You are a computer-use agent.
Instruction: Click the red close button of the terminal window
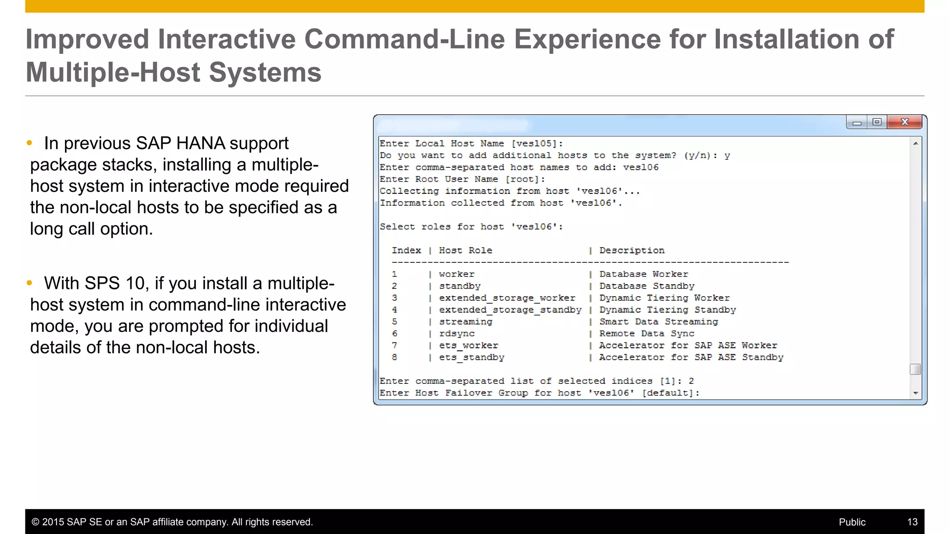[x=905, y=122]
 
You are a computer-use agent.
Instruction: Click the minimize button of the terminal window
[x=857, y=122]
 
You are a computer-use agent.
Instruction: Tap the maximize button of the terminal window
[x=877, y=122]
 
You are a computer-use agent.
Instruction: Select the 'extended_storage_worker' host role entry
[x=507, y=298]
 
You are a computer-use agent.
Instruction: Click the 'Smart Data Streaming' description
[x=658, y=322]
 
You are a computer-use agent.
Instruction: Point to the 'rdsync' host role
[x=456, y=334]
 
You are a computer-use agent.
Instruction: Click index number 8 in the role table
[x=394, y=357]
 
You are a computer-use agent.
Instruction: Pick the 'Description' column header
[x=632, y=250]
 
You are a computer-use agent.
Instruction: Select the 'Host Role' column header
[x=465, y=250]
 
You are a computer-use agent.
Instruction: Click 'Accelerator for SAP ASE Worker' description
[x=688, y=345]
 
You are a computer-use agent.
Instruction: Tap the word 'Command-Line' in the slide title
[x=404, y=39]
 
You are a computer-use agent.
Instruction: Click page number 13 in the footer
[x=912, y=522]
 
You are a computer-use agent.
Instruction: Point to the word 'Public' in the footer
[x=852, y=522]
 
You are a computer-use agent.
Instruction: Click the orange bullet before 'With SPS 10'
[x=30, y=283]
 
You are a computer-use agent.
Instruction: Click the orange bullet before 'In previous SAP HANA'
[x=30, y=143]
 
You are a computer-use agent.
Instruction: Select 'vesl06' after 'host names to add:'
[x=641, y=167]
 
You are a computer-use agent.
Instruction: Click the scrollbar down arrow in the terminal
[x=915, y=393]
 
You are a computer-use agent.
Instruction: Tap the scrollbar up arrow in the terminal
[x=915, y=144]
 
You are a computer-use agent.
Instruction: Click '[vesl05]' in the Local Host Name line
[x=537, y=144]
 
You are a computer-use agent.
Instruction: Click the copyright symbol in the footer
[x=35, y=522]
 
